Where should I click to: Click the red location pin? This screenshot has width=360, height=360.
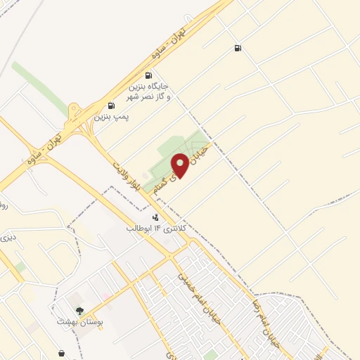tap(181, 164)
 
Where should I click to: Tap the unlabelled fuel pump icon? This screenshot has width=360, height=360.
tap(238, 49)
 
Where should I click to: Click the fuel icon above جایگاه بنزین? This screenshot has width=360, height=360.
tap(148, 75)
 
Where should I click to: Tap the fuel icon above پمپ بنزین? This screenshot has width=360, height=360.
tap(112, 106)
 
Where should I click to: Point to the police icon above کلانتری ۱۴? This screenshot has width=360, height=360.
tap(155, 217)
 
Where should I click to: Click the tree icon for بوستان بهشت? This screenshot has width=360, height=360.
tap(79, 311)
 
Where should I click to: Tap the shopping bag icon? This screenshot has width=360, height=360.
tap(63, 354)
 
